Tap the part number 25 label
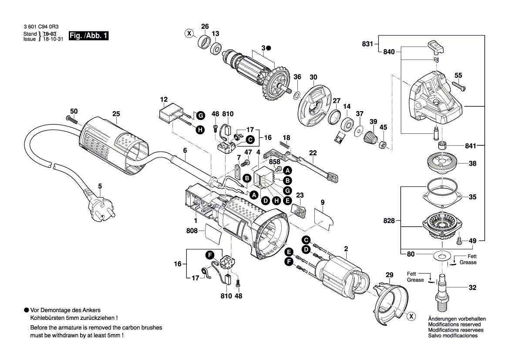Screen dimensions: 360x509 coord(116,114)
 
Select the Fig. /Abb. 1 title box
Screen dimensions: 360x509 coord(88,36)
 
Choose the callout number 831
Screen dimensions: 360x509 coord(367,44)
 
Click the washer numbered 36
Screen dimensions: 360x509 coord(297,95)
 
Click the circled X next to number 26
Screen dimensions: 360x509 coord(189,33)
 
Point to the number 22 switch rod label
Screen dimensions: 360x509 coord(313,153)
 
